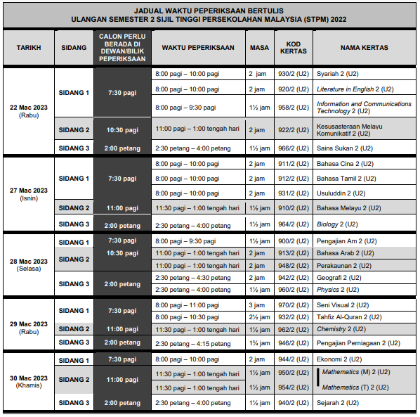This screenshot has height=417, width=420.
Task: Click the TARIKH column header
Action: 29,48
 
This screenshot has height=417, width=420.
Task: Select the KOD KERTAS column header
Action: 293,48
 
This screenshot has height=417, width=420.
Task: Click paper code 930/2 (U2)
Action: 293,73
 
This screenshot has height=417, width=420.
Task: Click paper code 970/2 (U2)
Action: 293,304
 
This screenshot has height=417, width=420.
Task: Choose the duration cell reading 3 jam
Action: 256,304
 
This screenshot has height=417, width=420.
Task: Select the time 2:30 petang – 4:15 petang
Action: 193,343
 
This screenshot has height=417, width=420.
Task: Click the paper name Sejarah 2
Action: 338,403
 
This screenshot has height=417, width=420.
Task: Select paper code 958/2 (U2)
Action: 293,108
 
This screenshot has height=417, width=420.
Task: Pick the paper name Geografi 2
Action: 339,278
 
